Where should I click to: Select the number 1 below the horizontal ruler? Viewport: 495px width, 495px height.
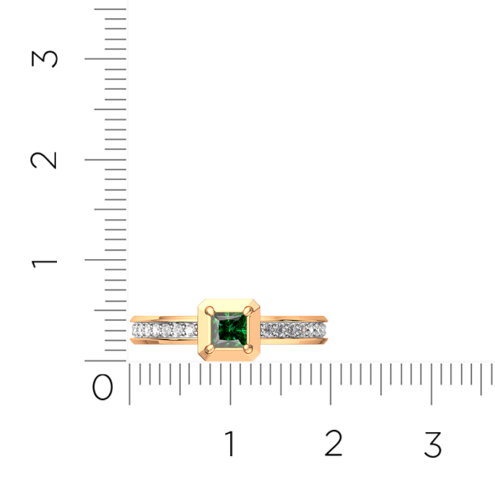coord(229,445)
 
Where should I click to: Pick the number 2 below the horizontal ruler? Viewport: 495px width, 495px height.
coord(332,445)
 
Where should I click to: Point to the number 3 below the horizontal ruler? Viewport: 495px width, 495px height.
coord(432,445)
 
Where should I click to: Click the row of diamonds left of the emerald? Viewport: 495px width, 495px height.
coord(164,330)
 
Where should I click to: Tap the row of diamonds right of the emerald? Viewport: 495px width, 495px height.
coord(294,330)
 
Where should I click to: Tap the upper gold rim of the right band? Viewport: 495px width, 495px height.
coord(295,318)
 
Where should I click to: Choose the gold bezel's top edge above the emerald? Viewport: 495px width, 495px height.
coord(229,301)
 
